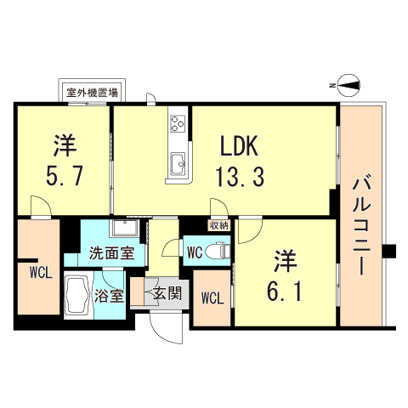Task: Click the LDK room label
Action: [240, 146]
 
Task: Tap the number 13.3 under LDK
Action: [240, 177]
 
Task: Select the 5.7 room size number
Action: [65, 177]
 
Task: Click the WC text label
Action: [195, 252]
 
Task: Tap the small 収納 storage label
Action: [219, 225]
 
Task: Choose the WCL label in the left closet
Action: [37, 274]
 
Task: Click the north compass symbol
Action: [347, 84]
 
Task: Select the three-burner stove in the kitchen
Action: [179, 125]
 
